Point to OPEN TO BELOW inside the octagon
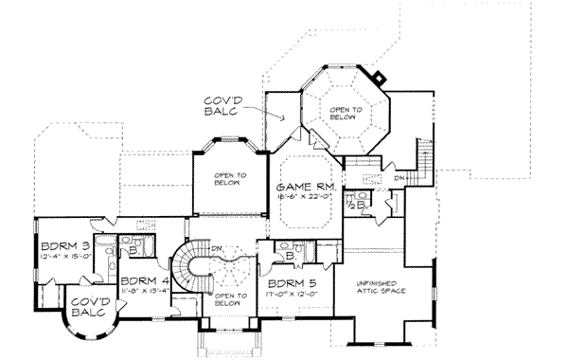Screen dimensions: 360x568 (346, 112)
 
